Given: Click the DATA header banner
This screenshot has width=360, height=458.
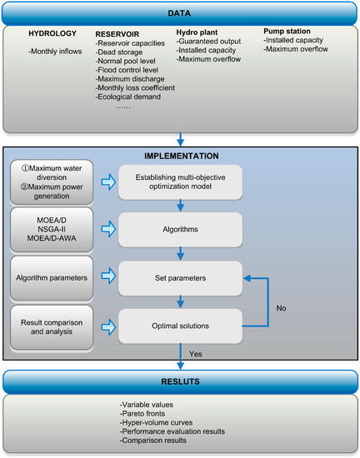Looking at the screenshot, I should click(x=179, y=13).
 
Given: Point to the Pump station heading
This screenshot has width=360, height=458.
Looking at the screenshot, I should click(x=287, y=31).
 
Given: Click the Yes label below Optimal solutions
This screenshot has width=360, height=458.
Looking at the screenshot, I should click(x=196, y=352).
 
